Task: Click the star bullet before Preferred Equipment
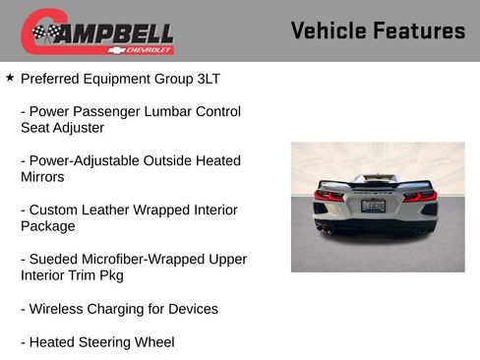10,76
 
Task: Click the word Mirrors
42,177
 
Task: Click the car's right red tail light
421,195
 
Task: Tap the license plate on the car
374,205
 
